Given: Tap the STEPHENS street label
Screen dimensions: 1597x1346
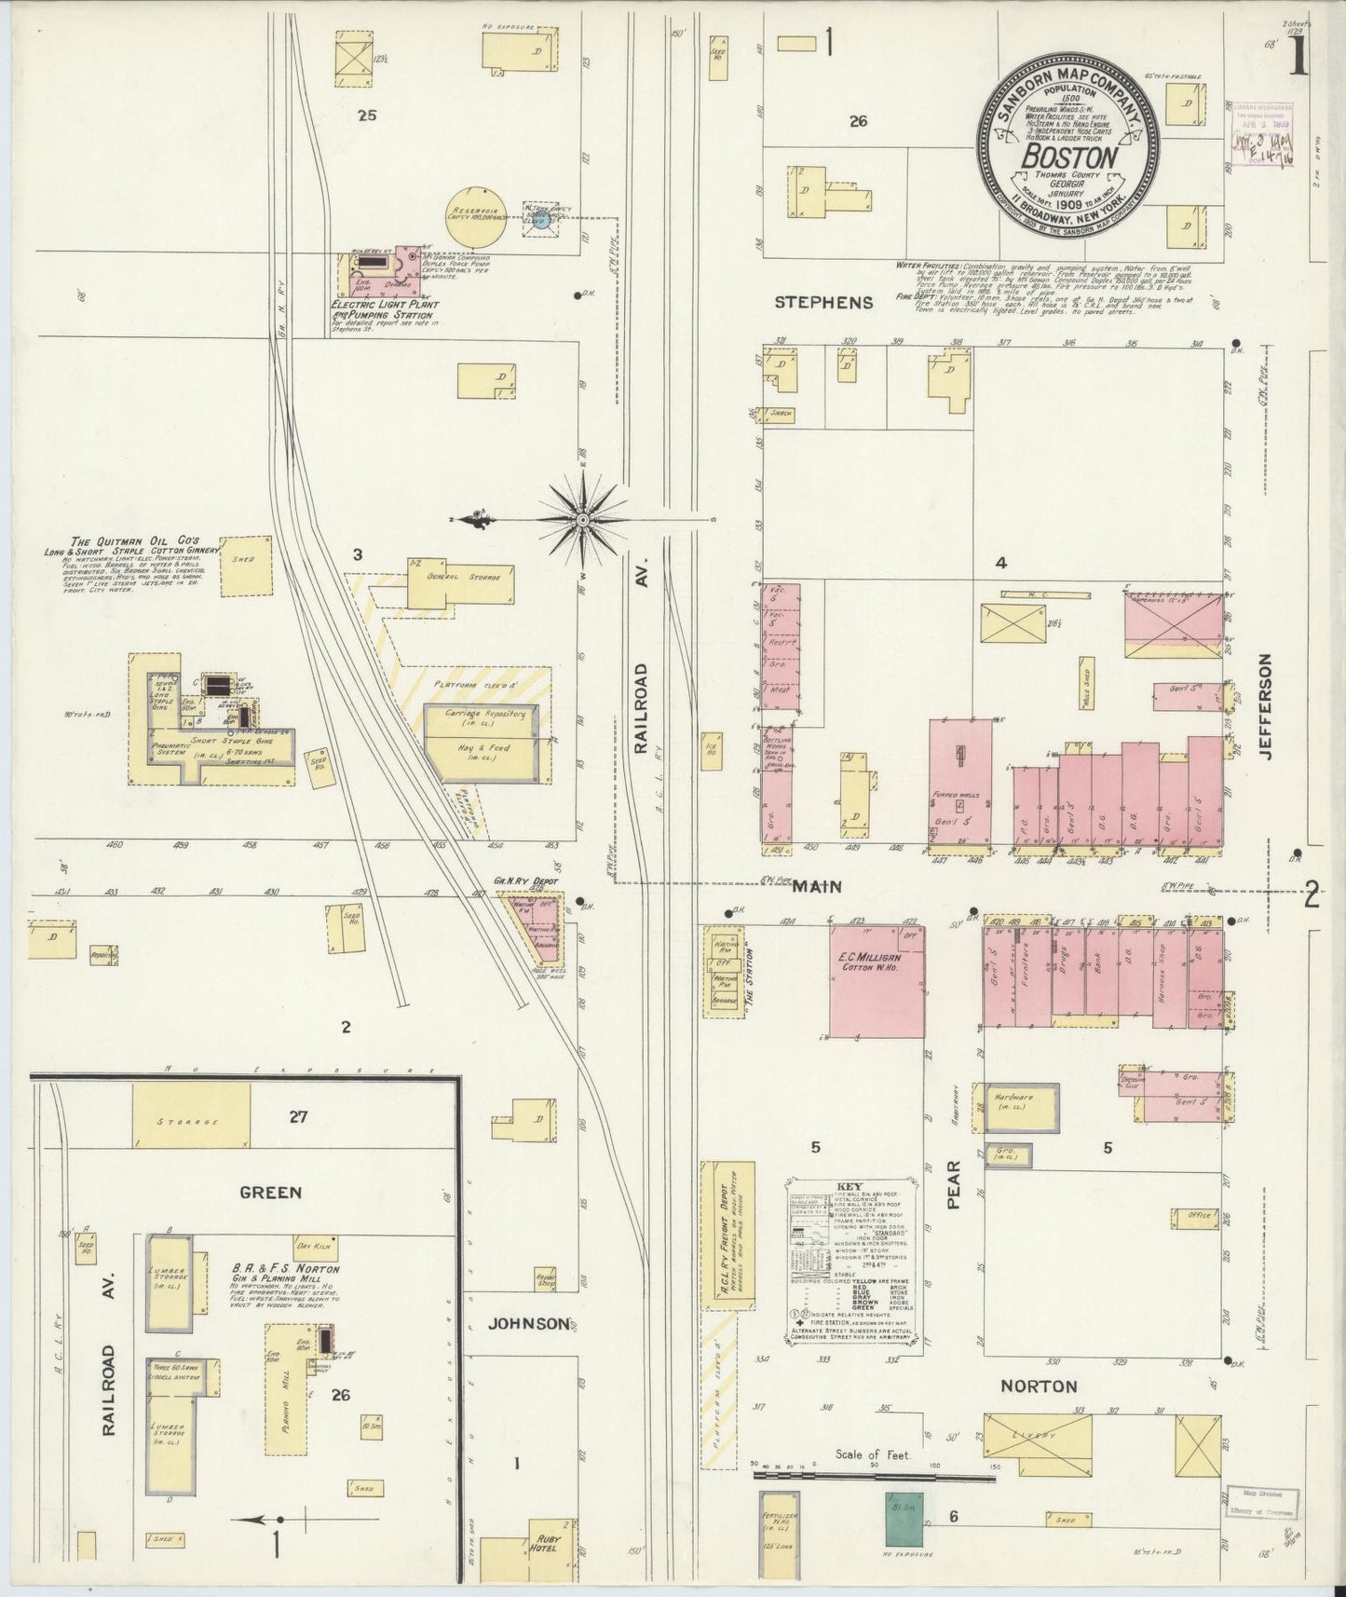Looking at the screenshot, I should [x=824, y=302].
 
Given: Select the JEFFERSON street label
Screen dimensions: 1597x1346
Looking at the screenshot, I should [x=1265, y=704].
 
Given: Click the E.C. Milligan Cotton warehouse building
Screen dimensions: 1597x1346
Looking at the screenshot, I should [x=877, y=981].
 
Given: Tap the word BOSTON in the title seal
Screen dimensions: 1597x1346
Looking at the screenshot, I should [x=1068, y=157].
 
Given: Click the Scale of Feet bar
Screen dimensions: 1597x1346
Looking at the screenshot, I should [x=874, y=1476].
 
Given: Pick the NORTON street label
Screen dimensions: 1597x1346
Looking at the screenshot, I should [x=1038, y=1386].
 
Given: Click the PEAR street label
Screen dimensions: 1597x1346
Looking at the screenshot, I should [x=954, y=1191].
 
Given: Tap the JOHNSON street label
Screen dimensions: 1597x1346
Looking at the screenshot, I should [x=528, y=1323].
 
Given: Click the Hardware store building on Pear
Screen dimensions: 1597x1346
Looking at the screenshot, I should [x=1015, y=1107].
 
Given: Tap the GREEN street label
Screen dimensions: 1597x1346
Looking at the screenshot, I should [x=270, y=1192].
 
